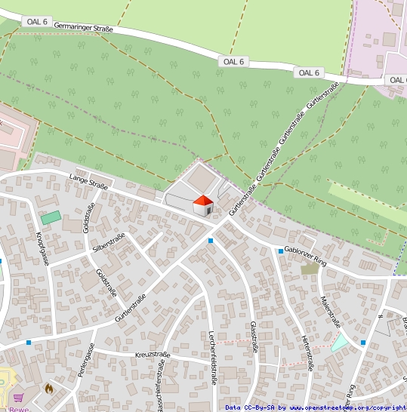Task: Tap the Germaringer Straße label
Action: [x=84, y=28]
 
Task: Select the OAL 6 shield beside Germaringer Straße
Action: [x=36, y=22]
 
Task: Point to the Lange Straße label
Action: [x=89, y=182]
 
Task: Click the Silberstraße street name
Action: [x=108, y=242]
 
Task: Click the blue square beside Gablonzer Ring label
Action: [x=280, y=251]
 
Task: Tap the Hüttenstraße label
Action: [x=306, y=352]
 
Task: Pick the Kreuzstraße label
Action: [x=153, y=354]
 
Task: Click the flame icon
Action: [x=49, y=389]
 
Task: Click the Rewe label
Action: [x=17, y=408]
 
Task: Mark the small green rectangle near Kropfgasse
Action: [x=51, y=217]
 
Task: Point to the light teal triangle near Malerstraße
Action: [x=339, y=341]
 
